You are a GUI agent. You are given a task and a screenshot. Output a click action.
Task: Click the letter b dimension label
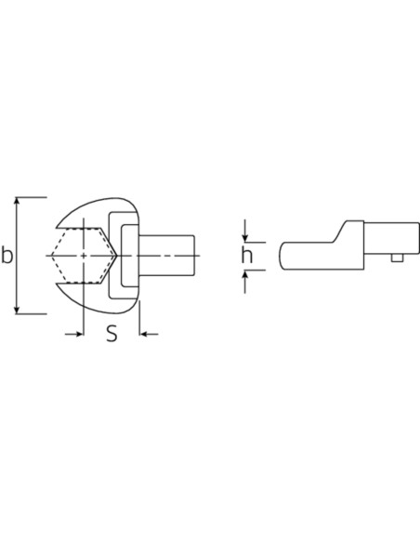coord(7,255)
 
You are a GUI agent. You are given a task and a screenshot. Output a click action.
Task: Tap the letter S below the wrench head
coord(112,334)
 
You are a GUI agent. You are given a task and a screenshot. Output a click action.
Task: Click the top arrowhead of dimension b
coord(16,202)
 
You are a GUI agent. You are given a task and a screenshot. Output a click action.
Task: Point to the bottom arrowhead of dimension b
coord(16,310)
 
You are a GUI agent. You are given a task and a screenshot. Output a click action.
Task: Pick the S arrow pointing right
coord(74,334)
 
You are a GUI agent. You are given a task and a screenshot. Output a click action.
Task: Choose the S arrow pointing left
coord(149,334)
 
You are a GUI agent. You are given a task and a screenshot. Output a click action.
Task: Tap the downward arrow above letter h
coord(245,231)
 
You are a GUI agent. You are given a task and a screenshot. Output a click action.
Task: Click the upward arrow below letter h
coord(245,282)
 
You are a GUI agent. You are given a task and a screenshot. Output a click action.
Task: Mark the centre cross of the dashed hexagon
coord(84,256)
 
